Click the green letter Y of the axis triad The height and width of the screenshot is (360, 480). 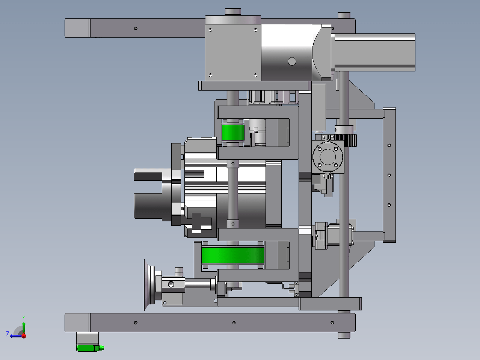click(x=24, y=318)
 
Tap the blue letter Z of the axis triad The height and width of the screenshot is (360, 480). click(x=8, y=334)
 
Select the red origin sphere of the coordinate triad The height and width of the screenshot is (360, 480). click(x=24, y=336)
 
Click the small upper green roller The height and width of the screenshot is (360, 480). click(x=233, y=132)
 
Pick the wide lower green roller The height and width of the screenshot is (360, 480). click(x=233, y=255)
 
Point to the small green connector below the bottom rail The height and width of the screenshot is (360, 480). click(x=90, y=348)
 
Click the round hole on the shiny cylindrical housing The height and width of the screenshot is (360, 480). click(x=292, y=61)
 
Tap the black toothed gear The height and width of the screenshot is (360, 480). click(x=346, y=140)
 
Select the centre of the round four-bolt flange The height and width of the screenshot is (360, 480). click(x=328, y=157)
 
